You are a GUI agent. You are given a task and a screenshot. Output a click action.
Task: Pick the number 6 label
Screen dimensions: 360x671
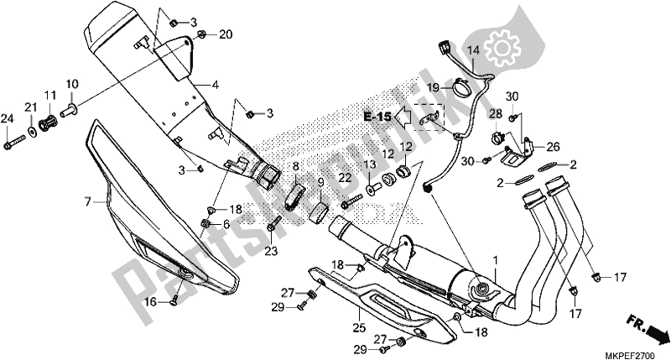226,225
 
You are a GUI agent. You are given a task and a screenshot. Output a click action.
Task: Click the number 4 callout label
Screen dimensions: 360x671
216,85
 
